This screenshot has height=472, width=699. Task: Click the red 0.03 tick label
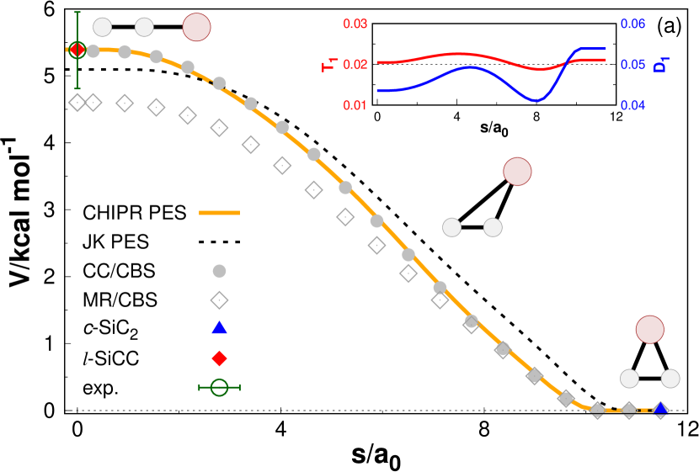(355, 24)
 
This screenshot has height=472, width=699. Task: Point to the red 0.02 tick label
(355, 64)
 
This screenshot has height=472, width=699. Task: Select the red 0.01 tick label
(355, 105)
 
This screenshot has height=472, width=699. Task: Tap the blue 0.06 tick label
(632, 24)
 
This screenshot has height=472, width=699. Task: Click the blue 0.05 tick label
(632, 64)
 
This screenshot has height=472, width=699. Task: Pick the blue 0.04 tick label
(632, 105)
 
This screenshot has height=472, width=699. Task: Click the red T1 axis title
(329, 65)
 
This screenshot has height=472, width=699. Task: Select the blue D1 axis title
(660, 64)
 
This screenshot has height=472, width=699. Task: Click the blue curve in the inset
(472, 67)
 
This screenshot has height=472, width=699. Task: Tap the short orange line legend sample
(219, 213)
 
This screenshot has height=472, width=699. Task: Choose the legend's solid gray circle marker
(219, 271)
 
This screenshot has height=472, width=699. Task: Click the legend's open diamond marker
(219, 300)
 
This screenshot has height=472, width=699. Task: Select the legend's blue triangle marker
(219, 328)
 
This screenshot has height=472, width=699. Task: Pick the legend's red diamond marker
(219, 358)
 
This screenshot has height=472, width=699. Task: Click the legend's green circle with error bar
(219, 387)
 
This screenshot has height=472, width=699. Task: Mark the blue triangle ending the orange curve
(660, 409)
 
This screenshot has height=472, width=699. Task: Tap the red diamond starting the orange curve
(77, 50)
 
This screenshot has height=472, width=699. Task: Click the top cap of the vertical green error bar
(77, 13)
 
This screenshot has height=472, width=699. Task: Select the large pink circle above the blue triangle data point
(649, 330)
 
